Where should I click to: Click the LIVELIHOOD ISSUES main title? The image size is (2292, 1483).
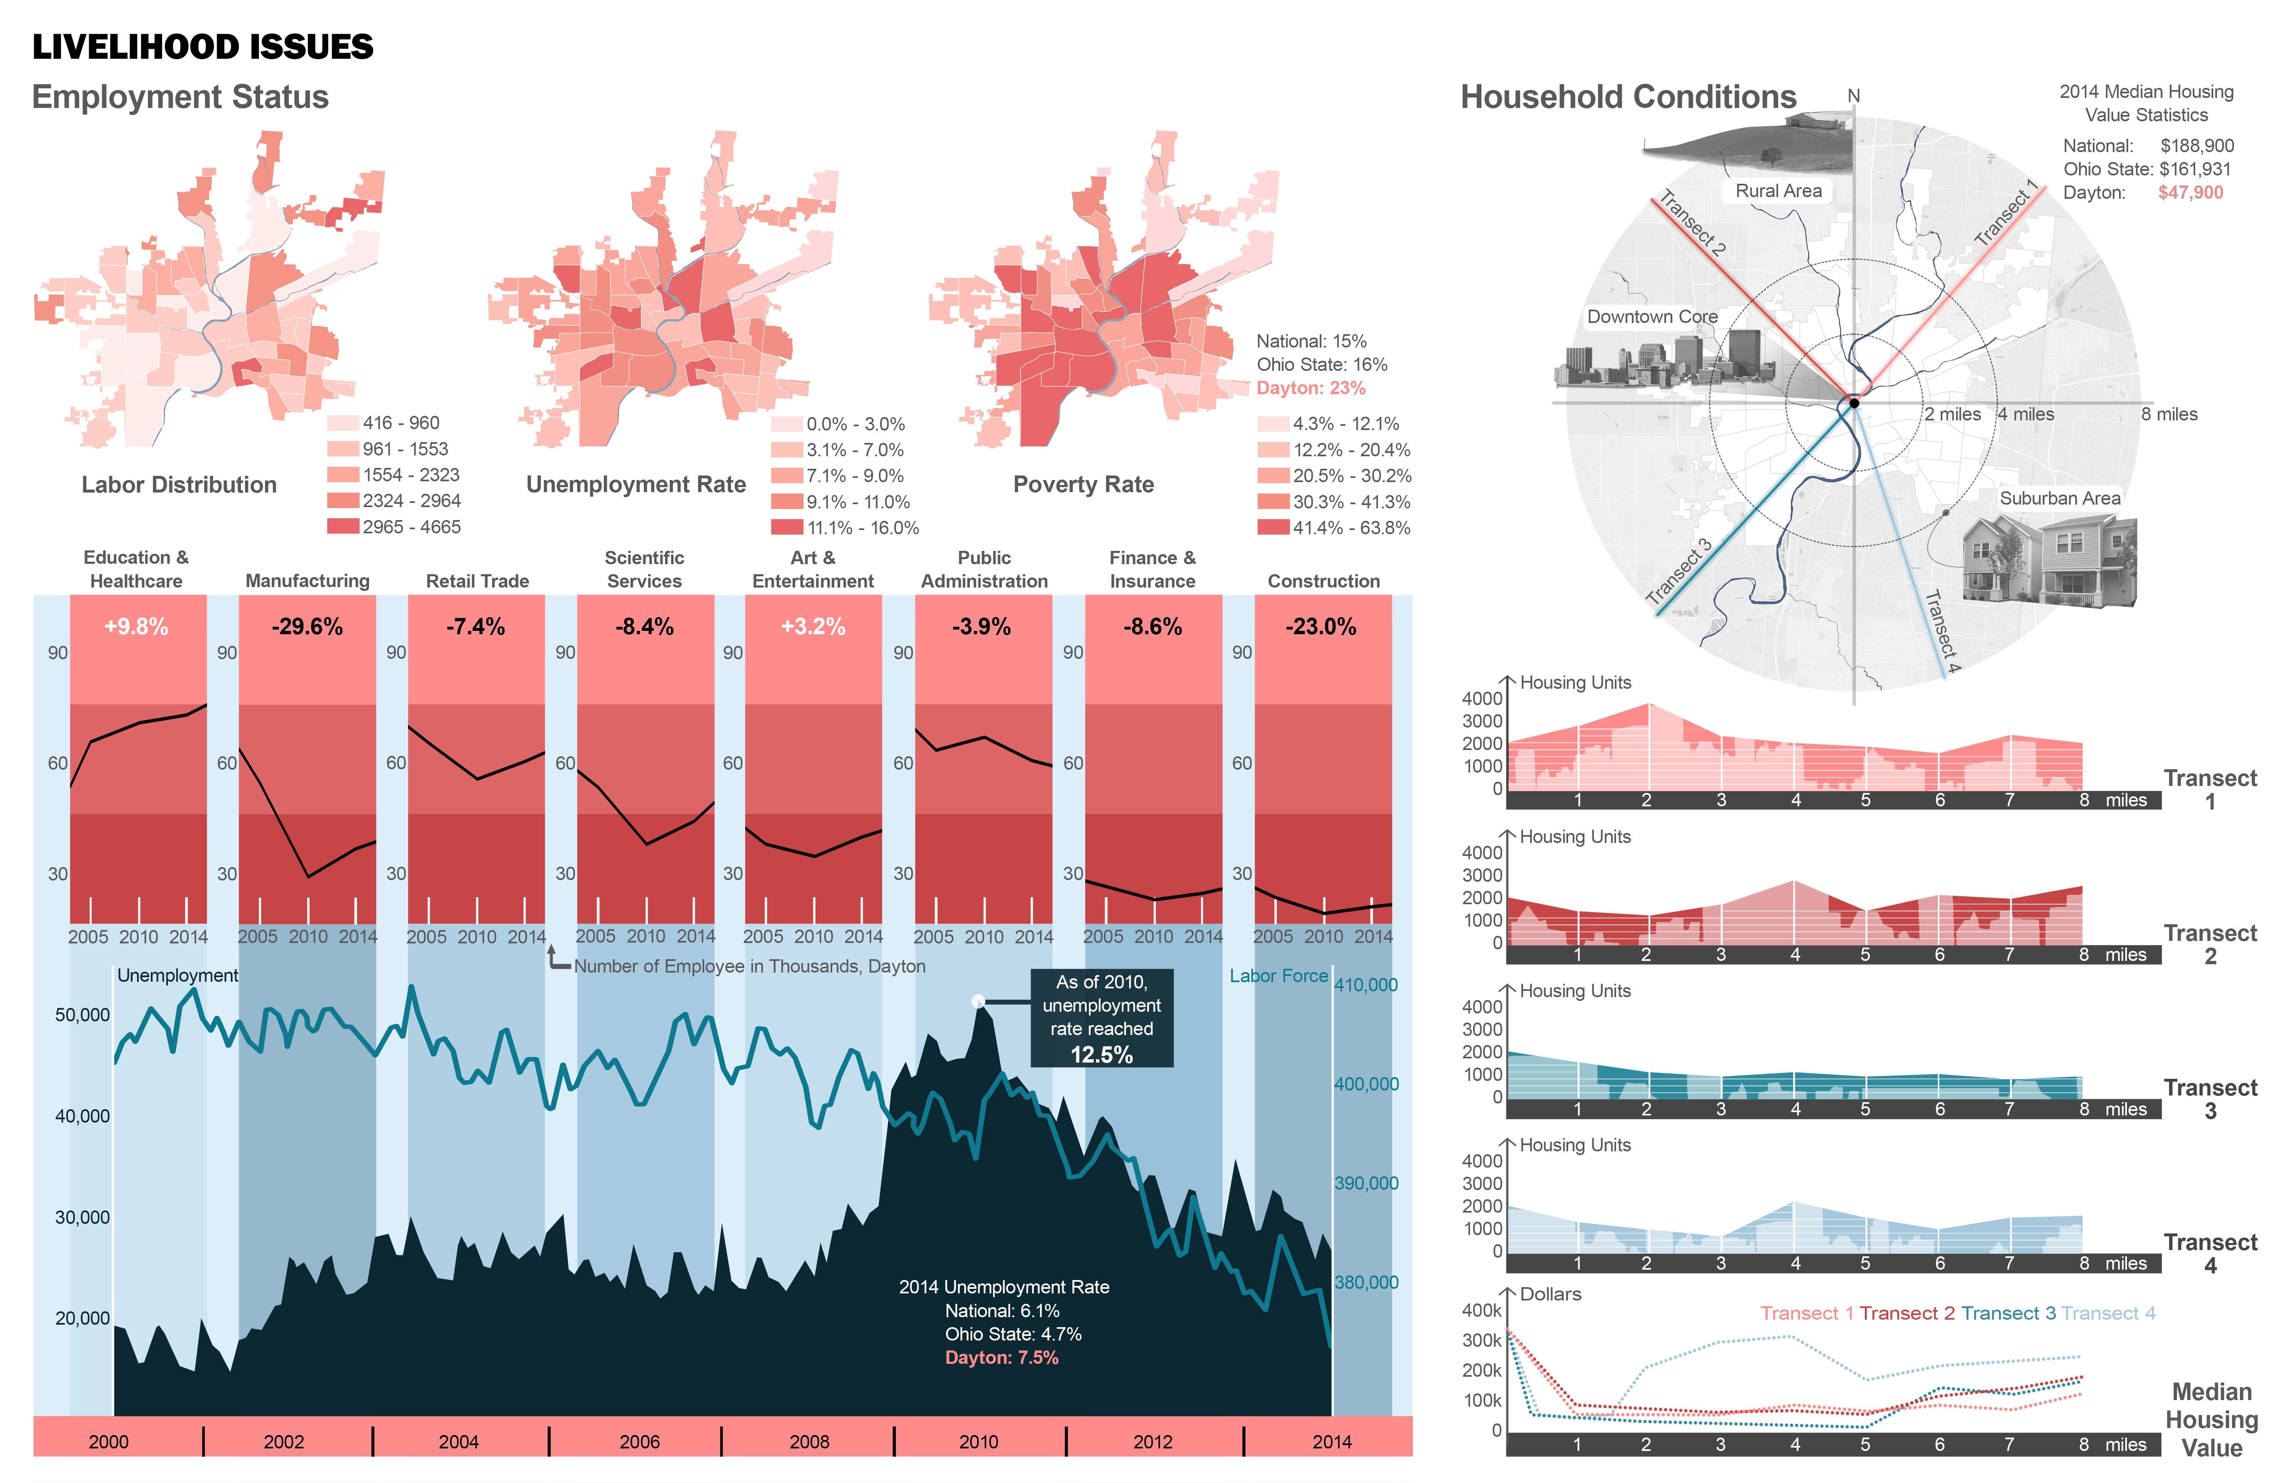click(x=202, y=47)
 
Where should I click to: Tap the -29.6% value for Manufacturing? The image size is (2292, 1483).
click(x=307, y=627)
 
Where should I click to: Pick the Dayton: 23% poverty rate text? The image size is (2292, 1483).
click(x=1311, y=388)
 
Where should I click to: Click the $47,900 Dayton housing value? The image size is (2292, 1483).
click(x=2190, y=193)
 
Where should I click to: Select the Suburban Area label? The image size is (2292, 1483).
click(x=2060, y=498)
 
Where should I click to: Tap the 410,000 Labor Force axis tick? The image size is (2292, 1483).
click(x=1366, y=985)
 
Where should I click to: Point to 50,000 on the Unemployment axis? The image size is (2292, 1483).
click(x=83, y=1015)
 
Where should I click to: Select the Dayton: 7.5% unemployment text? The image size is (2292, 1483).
click(x=1001, y=1358)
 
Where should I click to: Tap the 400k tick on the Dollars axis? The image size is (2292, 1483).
click(x=1481, y=1310)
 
